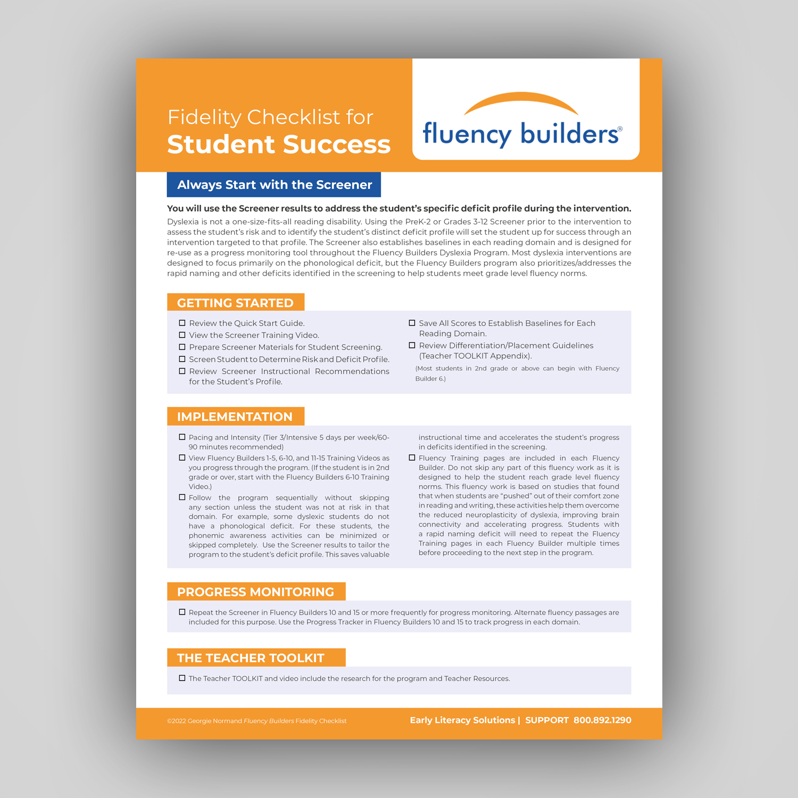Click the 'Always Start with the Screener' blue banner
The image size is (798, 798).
click(x=274, y=185)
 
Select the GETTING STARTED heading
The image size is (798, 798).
click(x=235, y=303)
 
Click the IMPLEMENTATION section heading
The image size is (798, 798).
click(x=235, y=417)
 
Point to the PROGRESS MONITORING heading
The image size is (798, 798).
click(x=255, y=592)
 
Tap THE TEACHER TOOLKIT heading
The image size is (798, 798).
click(x=251, y=658)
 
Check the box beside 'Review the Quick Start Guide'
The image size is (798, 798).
click(x=182, y=323)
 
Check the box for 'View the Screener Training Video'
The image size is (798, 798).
click(x=182, y=335)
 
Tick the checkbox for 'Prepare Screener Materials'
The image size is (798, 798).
click(x=182, y=347)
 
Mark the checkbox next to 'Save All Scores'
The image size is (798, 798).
click(x=412, y=323)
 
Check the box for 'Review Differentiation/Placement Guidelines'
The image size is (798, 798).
click(x=412, y=345)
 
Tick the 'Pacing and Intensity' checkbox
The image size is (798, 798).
click(x=182, y=437)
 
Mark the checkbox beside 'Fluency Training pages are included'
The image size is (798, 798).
click(x=412, y=458)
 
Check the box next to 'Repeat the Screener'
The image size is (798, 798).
click(x=182, y=612)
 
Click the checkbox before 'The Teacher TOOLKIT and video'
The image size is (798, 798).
click(x=182, y=678)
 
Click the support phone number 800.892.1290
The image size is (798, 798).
click(x=602, y=720)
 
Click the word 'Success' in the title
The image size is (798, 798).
click(x=337, y=145)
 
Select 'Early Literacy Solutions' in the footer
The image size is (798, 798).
click(x=462, y=720)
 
